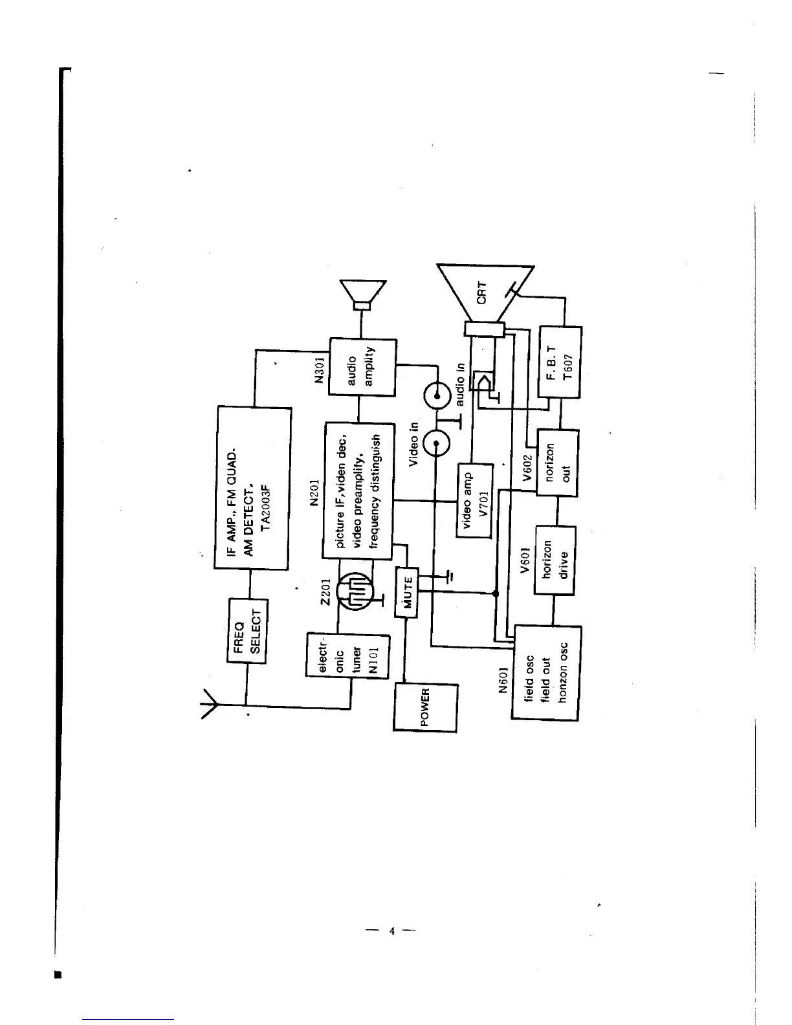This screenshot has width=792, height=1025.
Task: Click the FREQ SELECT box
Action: pyautogui.click(x=247, y=630)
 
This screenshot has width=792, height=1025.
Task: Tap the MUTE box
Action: pyautogui.click(x=407, y=592)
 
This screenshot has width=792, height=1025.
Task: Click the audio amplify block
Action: pyautogui.click(x=362, y=366)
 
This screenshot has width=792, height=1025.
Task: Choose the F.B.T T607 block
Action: pyautogui.click(x=560, y=362)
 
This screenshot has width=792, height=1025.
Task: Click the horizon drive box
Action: pyautogui.click(x=555, y=559)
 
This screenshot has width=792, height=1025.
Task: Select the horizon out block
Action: pyautogui.click(x=558, y=463)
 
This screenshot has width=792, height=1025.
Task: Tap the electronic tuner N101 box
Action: pyautogui.click(x=347, y=656)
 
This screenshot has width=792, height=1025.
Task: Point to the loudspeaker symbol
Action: pyautogui.click(x=363, y=296)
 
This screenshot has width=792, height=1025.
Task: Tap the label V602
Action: pyautogui.click(x=527, y=468)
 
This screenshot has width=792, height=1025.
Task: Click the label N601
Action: pyautogui.click(x=501, y=680)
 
